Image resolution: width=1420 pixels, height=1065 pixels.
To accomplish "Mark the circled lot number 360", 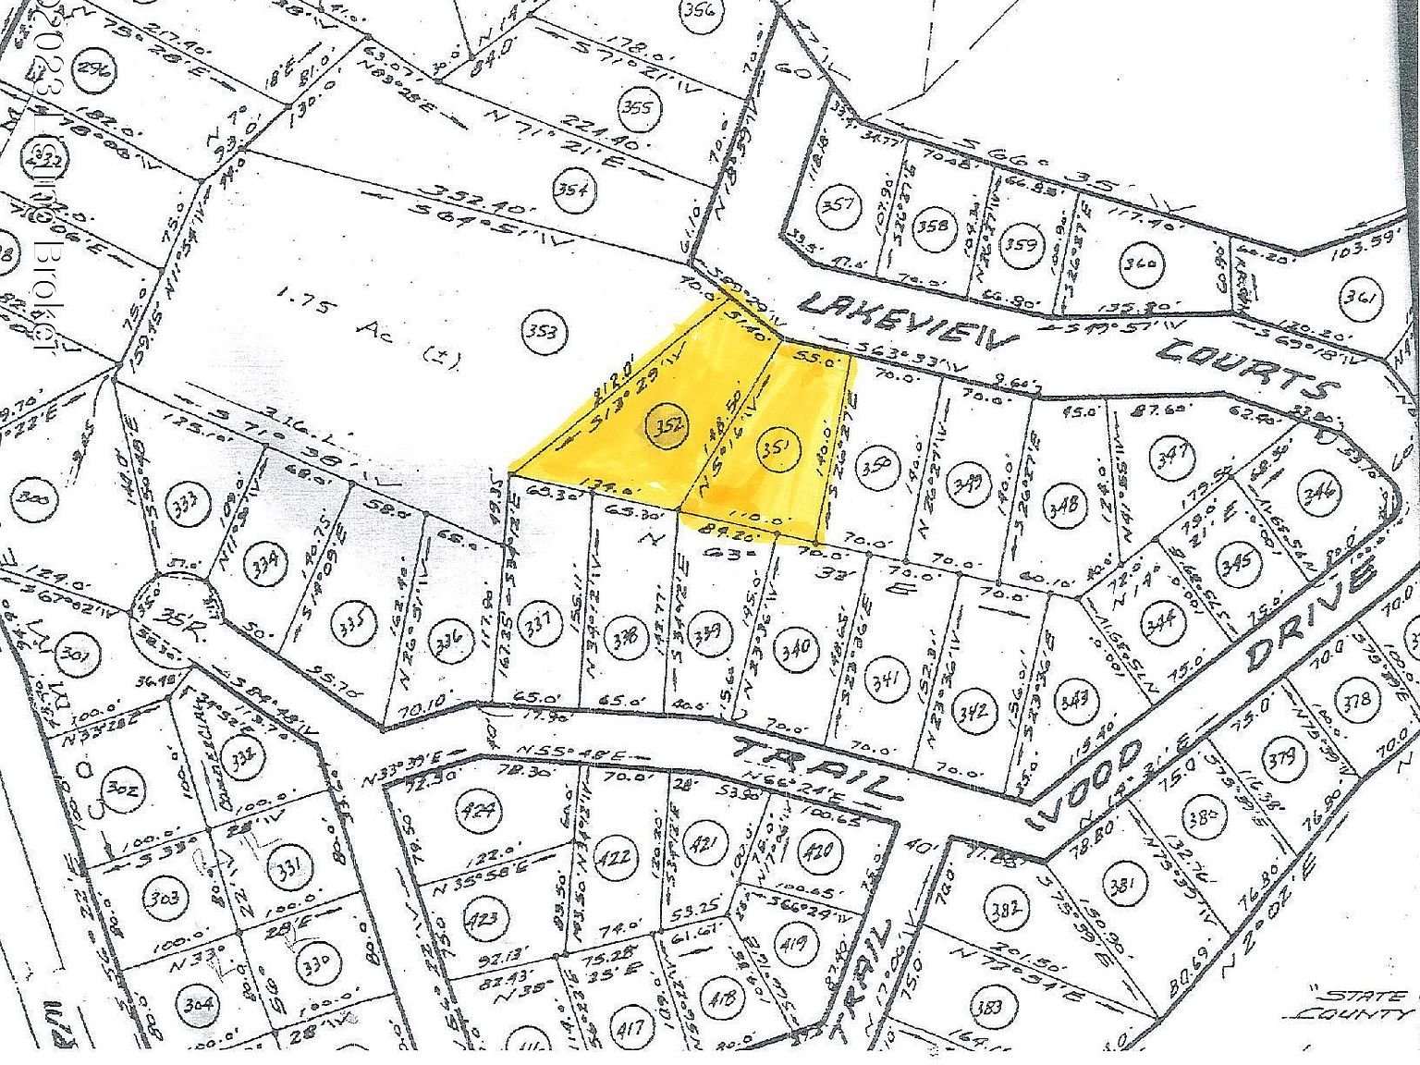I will click(1140, 263).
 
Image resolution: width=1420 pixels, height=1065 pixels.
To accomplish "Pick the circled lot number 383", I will click(990, 1007).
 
